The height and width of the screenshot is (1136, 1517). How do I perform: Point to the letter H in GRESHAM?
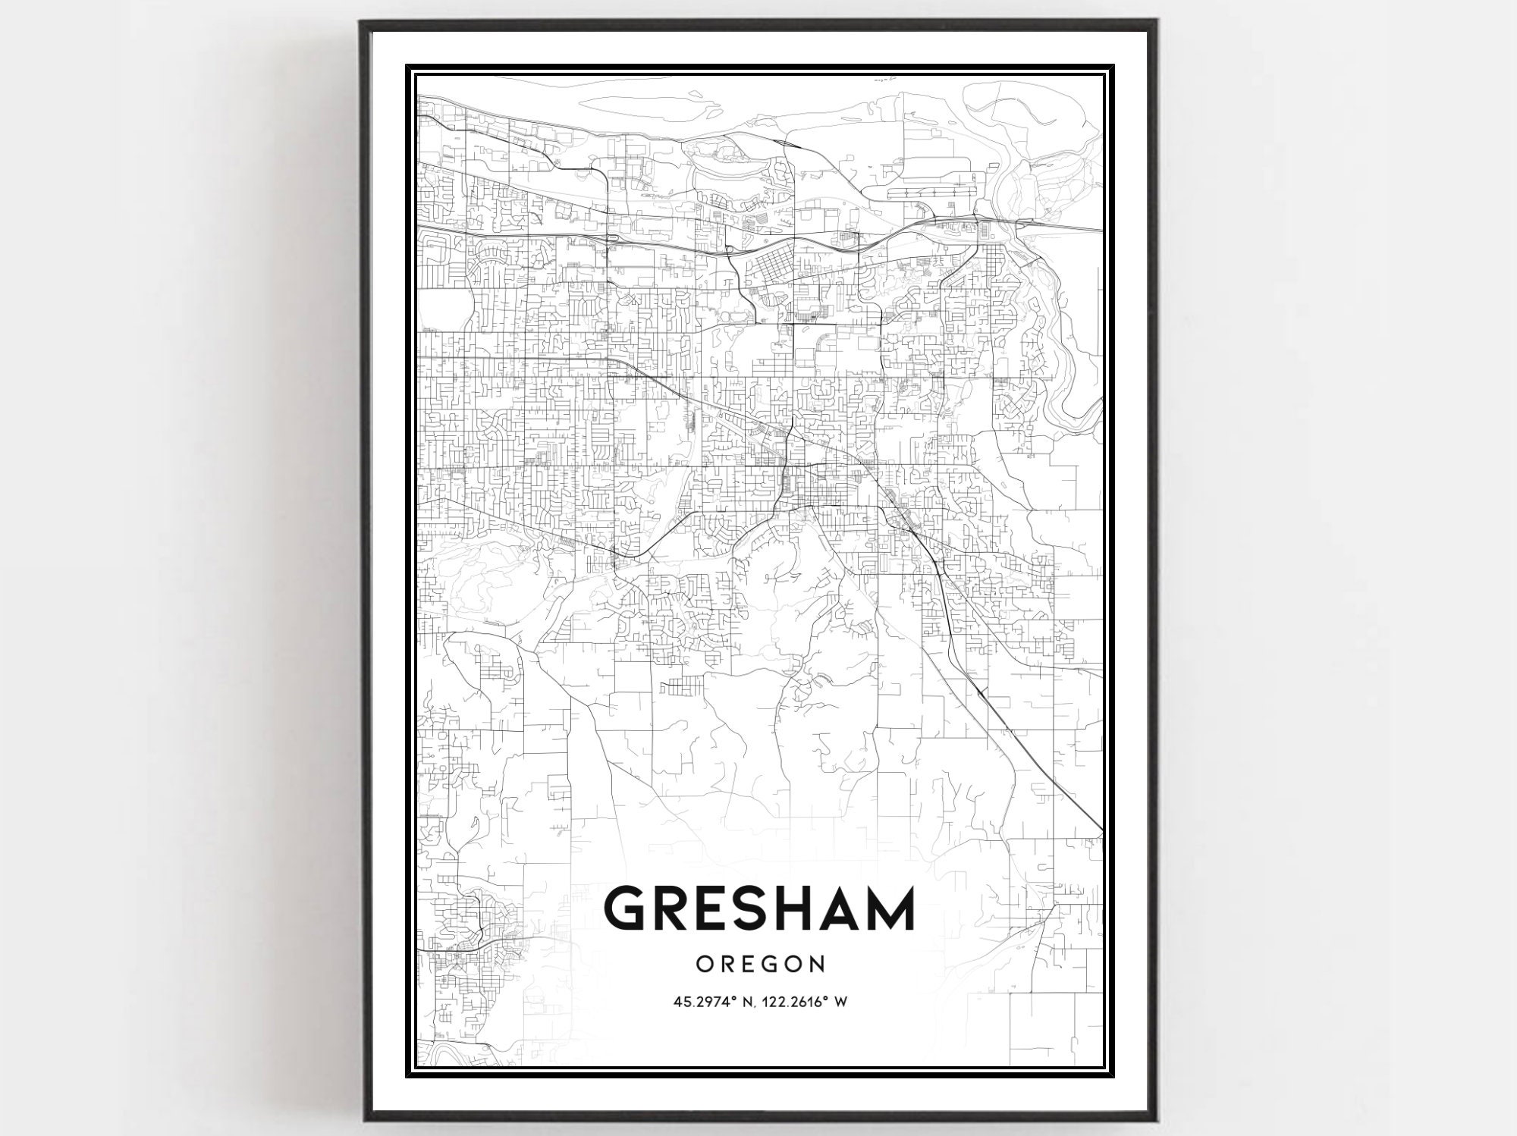tap(789, 909)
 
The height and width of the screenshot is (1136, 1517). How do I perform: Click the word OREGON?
tap(759, 964)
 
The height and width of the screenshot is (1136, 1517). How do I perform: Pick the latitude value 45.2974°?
tap(702, 1002)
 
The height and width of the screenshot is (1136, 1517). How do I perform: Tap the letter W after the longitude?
tap(840, 1002)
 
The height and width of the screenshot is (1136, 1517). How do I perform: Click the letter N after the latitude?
tap(745, 1002)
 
